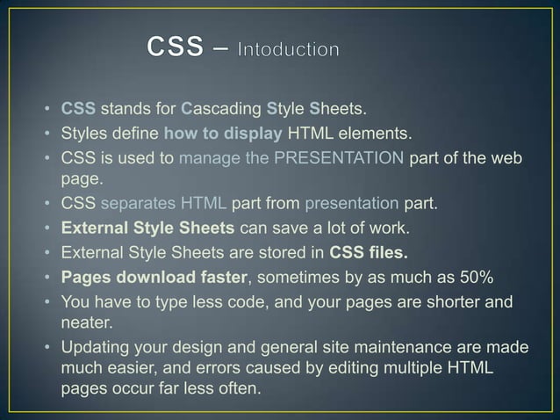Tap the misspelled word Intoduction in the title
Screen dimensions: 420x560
(288, 50)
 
